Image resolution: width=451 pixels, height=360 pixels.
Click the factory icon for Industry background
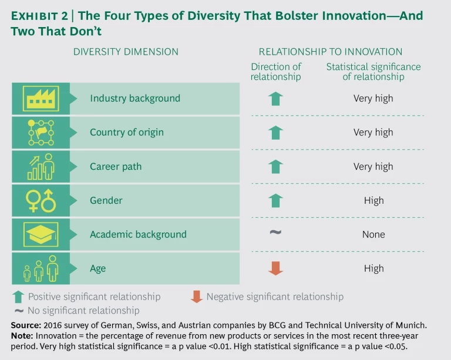coord(41,99)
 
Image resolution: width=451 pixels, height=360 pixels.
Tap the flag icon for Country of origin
coord(41,133)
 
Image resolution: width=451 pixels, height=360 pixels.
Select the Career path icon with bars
coord(41,166)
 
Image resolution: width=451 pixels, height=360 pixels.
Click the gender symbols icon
coord(41,200)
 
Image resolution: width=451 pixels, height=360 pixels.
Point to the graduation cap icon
coord(41,234)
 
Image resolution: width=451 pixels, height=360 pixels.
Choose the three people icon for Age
coord(41,268)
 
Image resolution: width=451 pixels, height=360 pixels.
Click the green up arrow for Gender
coord(275,200)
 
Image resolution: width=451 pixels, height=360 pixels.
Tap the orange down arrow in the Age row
coord(275,268)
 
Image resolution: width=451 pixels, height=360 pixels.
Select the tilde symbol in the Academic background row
coord(275,233)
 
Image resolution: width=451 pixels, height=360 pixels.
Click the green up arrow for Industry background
coord(275,99)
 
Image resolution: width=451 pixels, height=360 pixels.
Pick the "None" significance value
coord(373,234)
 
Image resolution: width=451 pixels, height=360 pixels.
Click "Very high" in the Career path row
coord(373,166)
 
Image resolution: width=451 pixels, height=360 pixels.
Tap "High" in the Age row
coord(373,268)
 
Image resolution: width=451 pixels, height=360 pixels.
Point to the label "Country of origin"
coord(126,132)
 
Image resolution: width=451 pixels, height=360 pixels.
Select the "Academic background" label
coord(138,234)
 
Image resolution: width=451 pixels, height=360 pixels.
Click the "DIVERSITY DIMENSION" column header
coord(126,52)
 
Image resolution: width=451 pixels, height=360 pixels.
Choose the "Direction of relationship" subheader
coord(275,72)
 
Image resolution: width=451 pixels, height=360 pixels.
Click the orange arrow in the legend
coord(197,297)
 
